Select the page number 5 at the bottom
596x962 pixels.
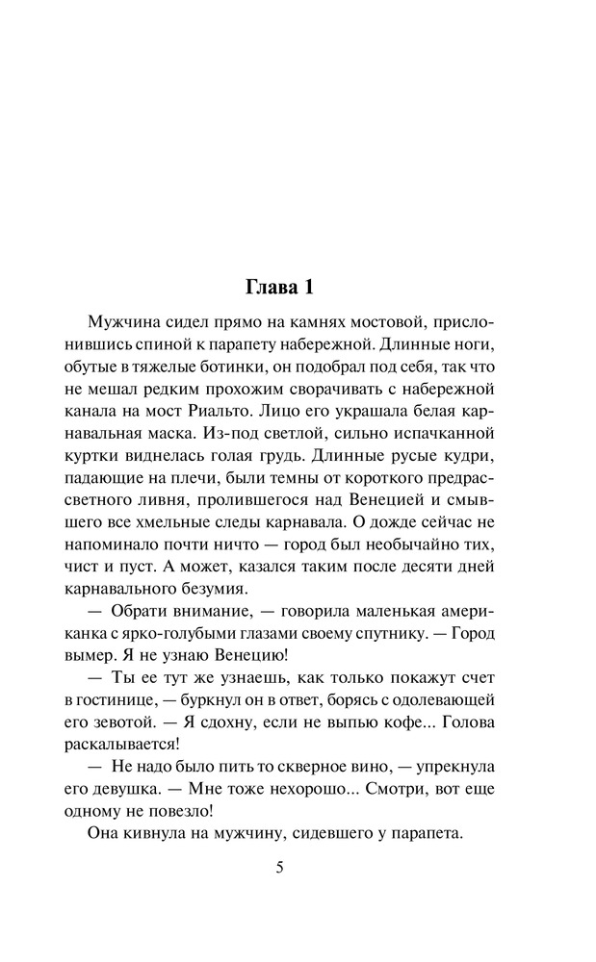279,867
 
